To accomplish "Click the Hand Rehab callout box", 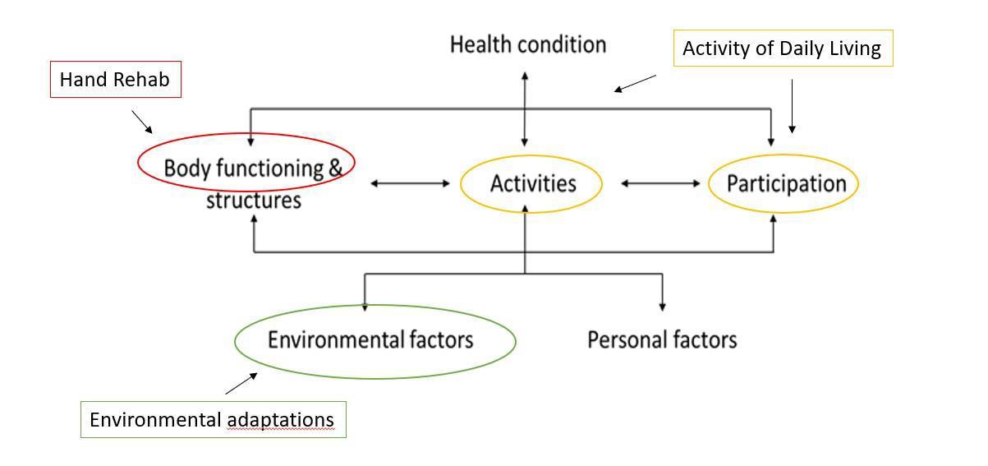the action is (x=115, y=81).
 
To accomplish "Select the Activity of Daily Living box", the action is (x=782, y=48).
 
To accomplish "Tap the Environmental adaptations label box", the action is (x=213, y=419).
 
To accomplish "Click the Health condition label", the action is (x=528, y=44).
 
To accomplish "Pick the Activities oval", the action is (x=532, y=183).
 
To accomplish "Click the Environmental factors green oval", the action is (x=375, y=340).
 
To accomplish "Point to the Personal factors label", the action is (x=662, y=339).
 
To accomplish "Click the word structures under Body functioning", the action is (x=254, y=201).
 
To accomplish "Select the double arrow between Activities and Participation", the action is (x=660, y=183).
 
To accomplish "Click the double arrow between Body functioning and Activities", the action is (x=411, y=183).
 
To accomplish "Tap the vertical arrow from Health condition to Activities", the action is (x=525, y=109).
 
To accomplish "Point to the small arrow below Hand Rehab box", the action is (x=142, y=122).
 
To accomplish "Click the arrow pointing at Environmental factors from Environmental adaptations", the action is (x=241, y=384).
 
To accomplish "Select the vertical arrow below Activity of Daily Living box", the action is (x=792, y=106).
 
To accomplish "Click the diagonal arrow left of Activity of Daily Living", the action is (x=635, y=83).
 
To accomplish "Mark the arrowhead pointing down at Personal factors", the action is (x=662, y=306).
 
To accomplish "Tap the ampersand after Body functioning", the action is (x=335, y=168).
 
